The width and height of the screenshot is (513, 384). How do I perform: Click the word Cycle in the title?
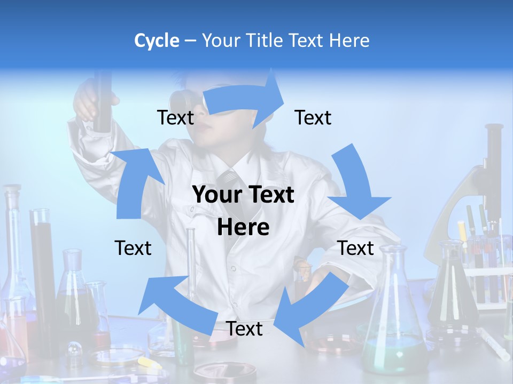pos(157,41)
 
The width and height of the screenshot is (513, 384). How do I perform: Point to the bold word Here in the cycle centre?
pos(243,228)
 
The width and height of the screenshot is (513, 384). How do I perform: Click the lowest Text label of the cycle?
pos(244,329)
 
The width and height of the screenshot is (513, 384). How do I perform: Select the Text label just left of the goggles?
pos(175,118)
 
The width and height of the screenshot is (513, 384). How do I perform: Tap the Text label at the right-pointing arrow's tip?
pos(313,118)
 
